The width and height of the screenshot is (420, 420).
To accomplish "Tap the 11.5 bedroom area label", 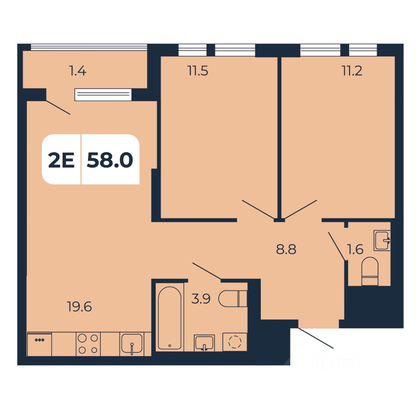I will coord(198,71).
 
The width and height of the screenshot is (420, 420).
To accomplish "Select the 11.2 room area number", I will coord(352,71).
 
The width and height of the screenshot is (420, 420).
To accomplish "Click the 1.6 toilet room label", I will coord(355,250).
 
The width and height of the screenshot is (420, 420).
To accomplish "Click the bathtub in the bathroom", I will coord(169,318).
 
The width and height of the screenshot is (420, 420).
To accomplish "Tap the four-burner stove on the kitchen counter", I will coord(87,343).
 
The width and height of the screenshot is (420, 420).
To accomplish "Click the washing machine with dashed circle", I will coord(235,342).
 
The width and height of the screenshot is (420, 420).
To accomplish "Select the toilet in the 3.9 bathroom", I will coord(233,298).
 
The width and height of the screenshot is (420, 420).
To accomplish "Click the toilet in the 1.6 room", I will coord(370,271).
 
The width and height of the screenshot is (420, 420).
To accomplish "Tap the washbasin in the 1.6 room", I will coord(382,240).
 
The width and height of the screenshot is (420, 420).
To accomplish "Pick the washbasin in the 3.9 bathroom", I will coord(204,343).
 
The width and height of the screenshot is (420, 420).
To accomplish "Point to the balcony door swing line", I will coord(58,107).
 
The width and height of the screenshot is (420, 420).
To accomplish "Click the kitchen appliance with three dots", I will coord(39,344).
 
